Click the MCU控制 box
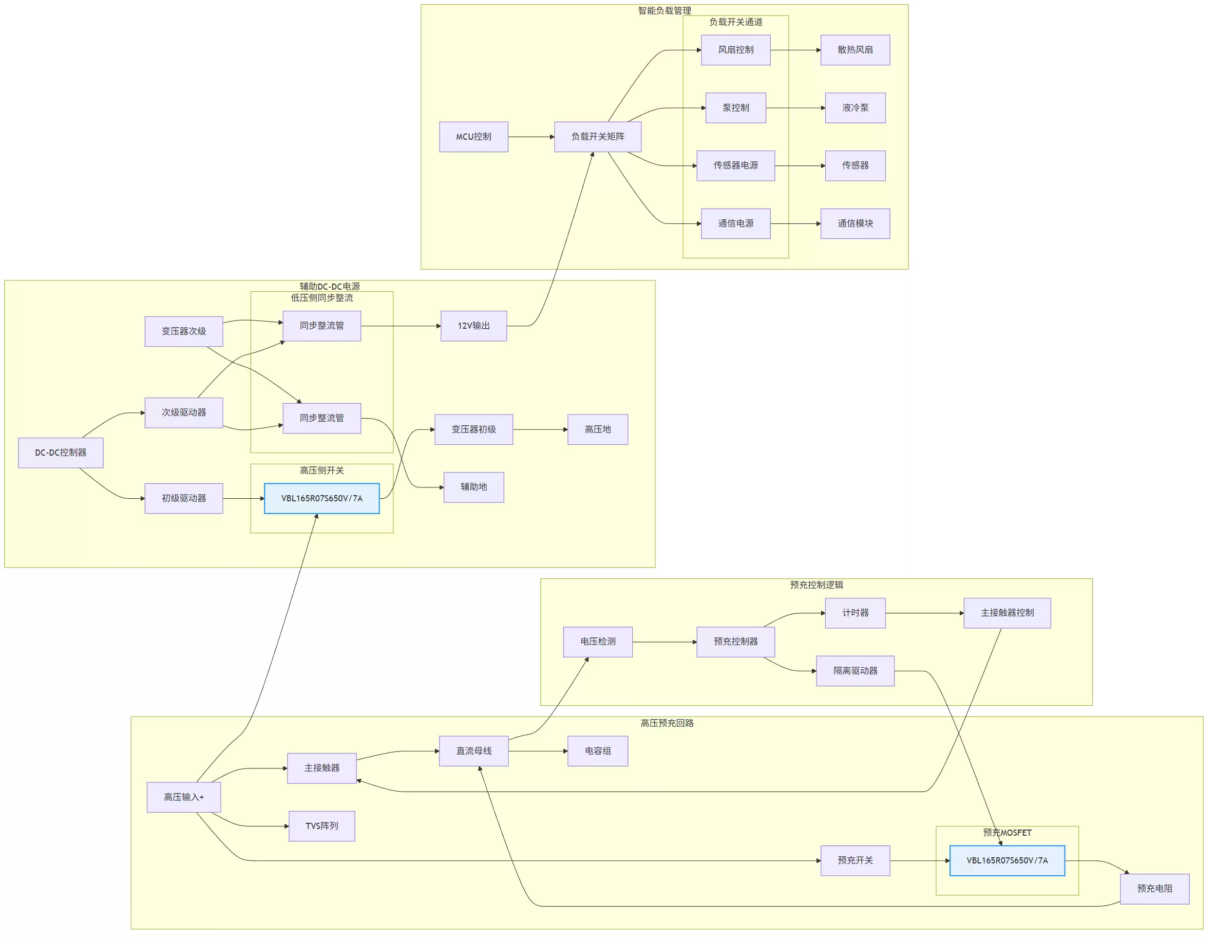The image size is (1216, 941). click(473, 137)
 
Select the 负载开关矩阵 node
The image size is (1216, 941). click(597, 137)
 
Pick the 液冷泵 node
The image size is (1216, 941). click(854, 108)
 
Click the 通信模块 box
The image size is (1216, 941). click(854, 224)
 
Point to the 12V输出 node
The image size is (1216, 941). click(473, 326)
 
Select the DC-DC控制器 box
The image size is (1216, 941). click(61, 453)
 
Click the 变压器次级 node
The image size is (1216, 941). click(184, 332)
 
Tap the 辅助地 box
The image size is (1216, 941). click(473, 488)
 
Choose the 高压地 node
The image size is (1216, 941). click(597, 430)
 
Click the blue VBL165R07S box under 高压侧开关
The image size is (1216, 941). click(322, 499)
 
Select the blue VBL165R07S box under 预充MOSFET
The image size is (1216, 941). click(1006, 861)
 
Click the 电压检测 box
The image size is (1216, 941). click(597, 642)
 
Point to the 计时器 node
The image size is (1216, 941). click(854, 613)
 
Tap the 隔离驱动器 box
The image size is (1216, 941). click(854, 671)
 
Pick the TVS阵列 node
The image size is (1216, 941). click(322, 826)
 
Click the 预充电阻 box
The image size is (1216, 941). click(1154, 889)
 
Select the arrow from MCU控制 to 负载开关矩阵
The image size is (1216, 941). click(530, 137)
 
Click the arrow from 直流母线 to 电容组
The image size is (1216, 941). click(537, 751)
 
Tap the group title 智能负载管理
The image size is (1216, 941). click(664, 11)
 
